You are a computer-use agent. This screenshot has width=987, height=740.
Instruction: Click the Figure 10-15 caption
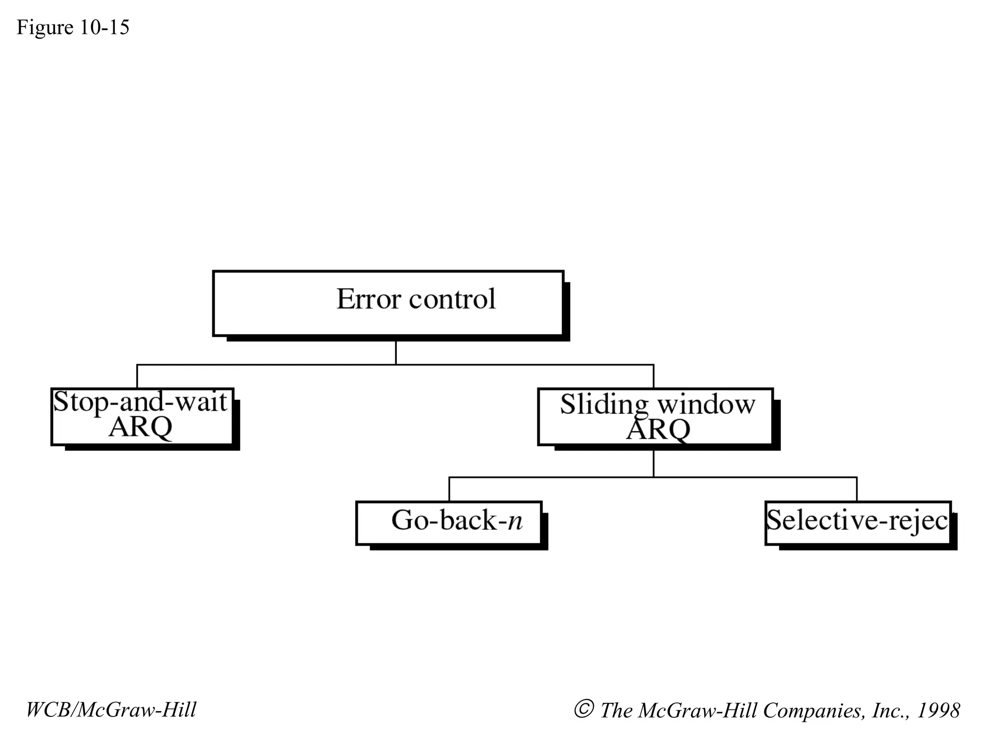(73, 27)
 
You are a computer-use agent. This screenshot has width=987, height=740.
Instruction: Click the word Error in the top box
(368, 299)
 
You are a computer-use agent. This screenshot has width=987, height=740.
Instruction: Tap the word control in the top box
(452, 299)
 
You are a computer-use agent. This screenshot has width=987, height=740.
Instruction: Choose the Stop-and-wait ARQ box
(142, 416)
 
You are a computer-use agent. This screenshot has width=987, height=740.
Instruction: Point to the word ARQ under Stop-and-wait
(140, 427)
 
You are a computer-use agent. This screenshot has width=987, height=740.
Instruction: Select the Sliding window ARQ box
(655, 416)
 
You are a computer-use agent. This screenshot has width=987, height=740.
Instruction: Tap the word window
(707, 405)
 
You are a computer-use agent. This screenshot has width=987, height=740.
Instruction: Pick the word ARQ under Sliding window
(658, 429)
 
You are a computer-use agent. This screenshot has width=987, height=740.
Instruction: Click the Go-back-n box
(449, 523)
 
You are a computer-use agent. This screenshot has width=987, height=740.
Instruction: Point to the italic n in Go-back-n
(515, 521)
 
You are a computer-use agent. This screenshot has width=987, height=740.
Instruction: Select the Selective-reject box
(858, 523)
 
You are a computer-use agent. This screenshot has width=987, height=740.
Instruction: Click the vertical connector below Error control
(396, 353)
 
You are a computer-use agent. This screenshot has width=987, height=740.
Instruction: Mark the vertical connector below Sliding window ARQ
(654, 463)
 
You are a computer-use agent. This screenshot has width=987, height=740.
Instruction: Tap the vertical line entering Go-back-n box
(449, 489)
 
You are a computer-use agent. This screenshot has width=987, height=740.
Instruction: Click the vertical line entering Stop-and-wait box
(137, 376)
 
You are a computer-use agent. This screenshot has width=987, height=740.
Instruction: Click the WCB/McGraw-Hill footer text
(111, 710)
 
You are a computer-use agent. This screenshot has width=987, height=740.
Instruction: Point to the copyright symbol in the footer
(583, 709)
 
